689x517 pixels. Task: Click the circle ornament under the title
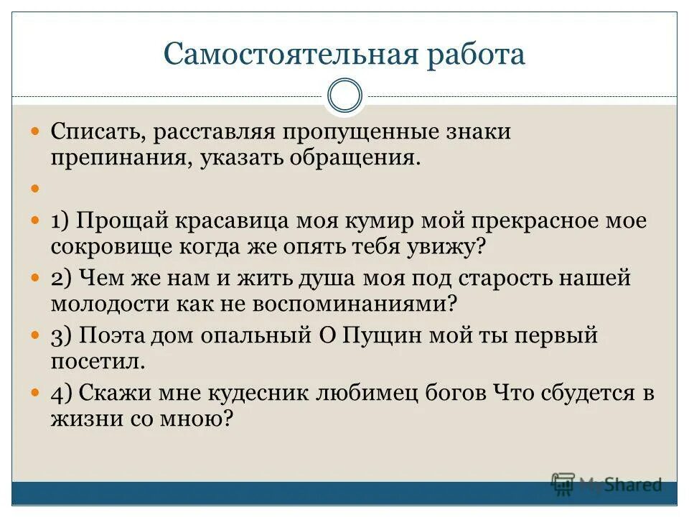[x=344, y=96]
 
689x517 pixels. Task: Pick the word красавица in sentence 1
[x=241, y=220]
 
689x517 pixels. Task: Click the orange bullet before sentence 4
[x=37, y=393]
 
